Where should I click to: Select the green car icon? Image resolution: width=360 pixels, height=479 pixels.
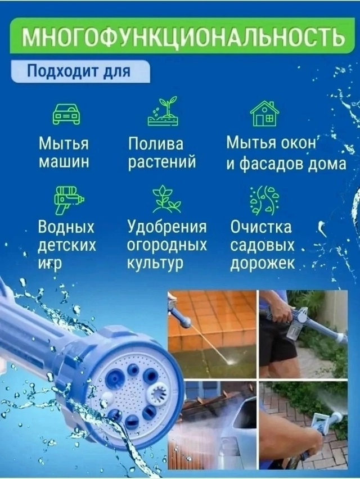click(66, 114)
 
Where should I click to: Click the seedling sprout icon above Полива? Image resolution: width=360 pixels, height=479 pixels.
click(163, 111)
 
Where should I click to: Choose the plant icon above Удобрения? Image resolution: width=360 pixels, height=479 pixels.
click(166, 200)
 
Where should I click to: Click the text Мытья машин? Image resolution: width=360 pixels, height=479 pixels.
click(64, 152)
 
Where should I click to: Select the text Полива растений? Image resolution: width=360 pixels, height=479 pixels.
click(162, 153)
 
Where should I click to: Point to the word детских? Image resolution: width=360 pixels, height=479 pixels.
click(66, 246)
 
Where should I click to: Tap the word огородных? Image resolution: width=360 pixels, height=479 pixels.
click(166, 246)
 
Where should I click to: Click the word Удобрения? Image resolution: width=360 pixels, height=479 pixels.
click(167, 228)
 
